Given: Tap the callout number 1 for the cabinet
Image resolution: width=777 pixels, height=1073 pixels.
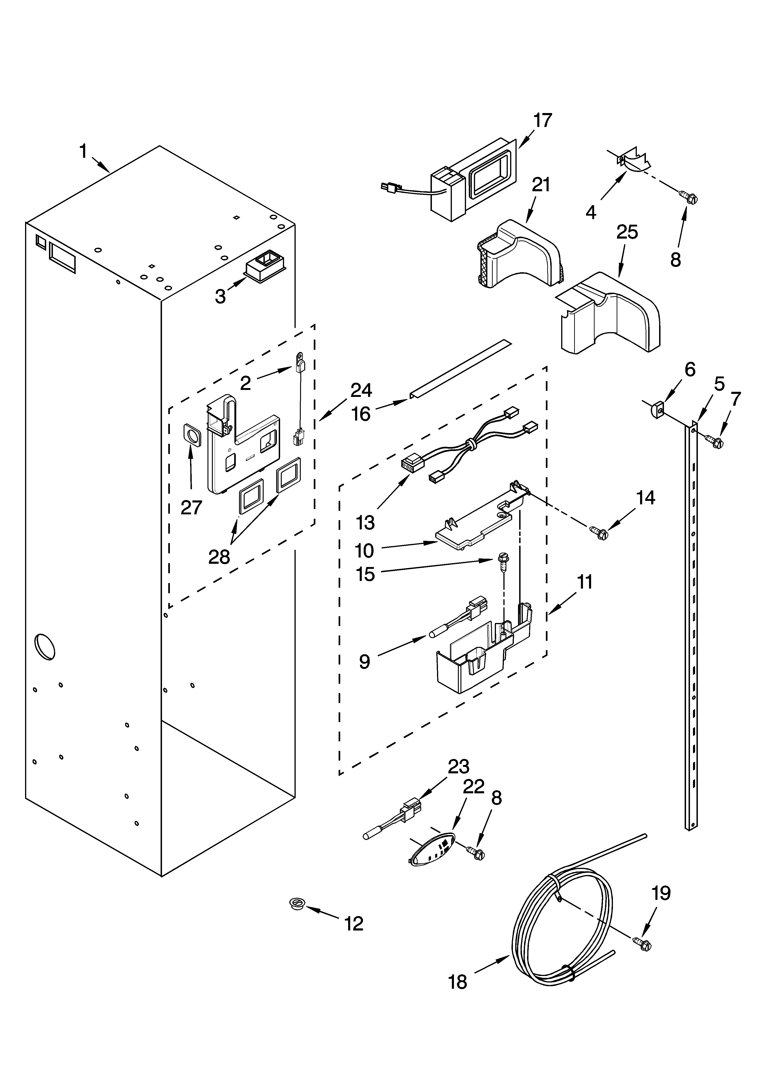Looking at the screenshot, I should (83, 152).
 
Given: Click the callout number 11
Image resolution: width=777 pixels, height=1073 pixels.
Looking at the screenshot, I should (585, 582).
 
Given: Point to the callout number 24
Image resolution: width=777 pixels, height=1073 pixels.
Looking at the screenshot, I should (361, 390).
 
